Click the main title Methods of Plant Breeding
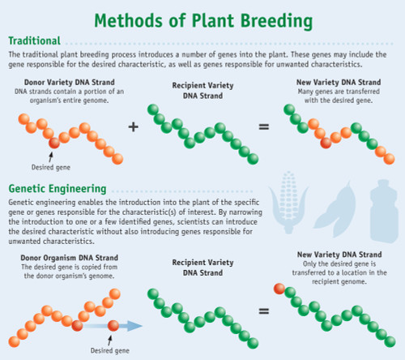[202, 18]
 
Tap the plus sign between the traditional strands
[133, 127]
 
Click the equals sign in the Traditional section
[263, 127]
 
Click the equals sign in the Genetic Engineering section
[263, 311]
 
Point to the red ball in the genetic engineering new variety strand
[279, 288]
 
